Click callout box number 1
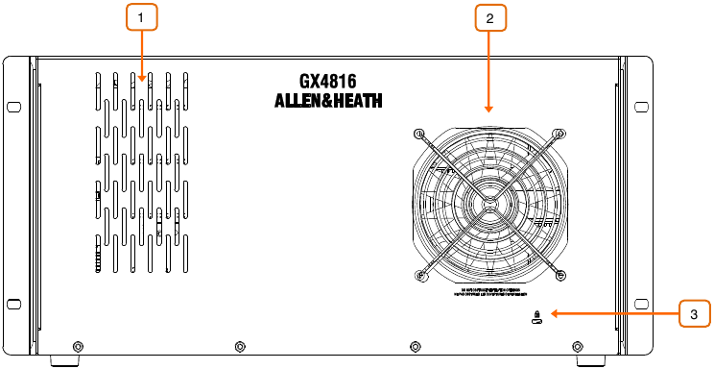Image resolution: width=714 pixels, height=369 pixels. point(141,17)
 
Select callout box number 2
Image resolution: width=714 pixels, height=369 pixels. point(489,17)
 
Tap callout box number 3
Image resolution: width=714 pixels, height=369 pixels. point(695,313)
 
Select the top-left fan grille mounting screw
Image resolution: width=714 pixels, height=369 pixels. point(419,131)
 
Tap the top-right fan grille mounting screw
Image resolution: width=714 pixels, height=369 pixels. point(560,131)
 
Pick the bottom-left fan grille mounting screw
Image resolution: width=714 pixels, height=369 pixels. point(419,276)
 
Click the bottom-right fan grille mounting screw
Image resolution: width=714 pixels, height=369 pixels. point(560,276)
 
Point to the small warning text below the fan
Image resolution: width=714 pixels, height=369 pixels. point(489,292)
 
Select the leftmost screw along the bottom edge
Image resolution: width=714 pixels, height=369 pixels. point(78,345)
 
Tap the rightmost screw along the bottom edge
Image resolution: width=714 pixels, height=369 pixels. point(577,345)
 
